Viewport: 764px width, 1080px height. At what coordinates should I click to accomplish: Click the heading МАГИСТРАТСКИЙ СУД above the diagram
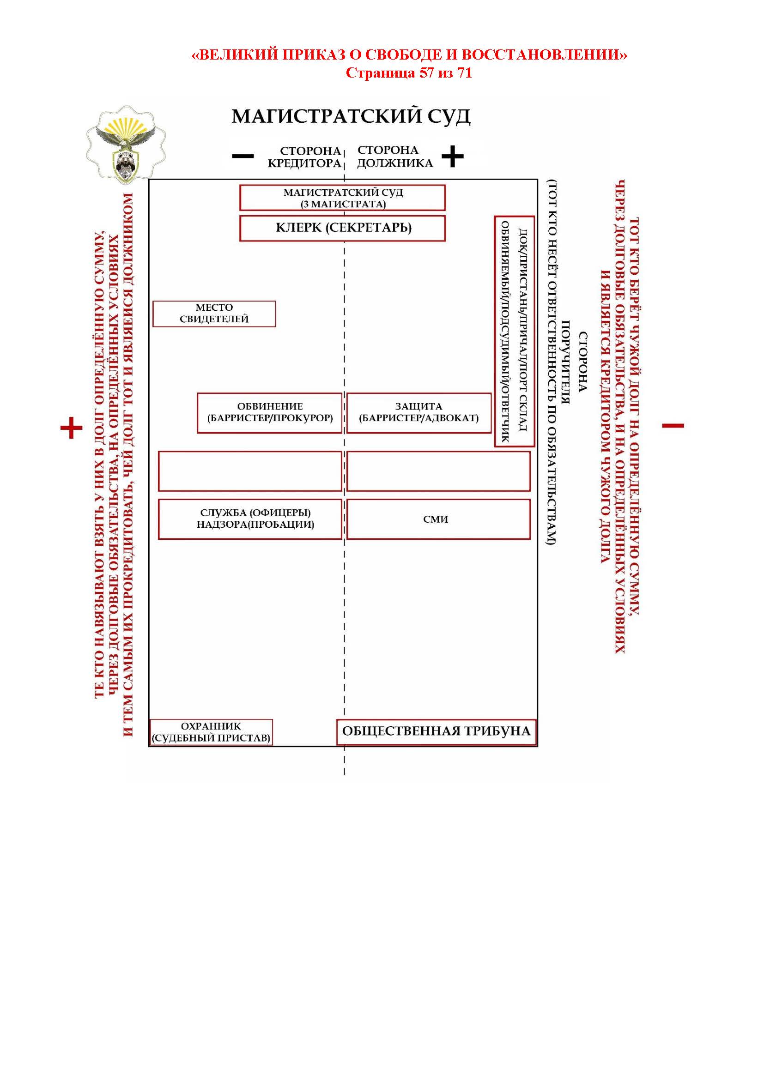click(x=351, y=116)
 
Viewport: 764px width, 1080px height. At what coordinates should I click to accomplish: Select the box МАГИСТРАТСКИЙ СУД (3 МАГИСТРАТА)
click(x=342, y=198)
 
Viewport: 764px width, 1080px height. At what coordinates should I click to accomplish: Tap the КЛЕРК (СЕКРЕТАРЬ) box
click(x=342, y=228)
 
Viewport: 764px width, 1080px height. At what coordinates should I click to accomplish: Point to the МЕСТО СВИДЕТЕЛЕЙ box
click(x=214, y=314)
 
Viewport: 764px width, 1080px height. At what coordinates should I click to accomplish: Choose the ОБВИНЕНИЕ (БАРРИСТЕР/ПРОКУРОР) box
click(x=270, y=412)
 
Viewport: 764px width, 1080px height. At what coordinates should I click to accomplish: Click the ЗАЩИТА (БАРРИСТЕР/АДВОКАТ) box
click(x=418, y=412)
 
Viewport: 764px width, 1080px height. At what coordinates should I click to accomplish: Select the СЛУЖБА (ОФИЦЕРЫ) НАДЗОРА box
click(x=250, y=519)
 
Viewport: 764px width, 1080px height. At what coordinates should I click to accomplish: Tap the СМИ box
click(x=438, y=519)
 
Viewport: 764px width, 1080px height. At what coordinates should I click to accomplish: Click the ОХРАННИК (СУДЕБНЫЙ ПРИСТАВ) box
click(x=211, y=732)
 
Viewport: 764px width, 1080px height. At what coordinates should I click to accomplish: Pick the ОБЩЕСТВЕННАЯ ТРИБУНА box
click(x=436, y=731)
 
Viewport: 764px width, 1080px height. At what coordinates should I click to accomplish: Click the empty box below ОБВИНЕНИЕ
click(x=250, y=471)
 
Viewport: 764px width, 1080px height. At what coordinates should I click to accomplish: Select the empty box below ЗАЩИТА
click(x=438, y=471)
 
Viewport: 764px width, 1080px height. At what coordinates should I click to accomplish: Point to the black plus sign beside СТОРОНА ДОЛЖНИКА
click(x=453, y=156)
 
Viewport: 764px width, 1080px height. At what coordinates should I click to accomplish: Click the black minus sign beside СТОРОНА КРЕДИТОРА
click(x=243, y=156)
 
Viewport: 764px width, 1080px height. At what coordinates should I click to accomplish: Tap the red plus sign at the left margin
click(x=72, y=428)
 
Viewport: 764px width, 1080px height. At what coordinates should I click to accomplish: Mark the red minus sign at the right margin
click(x=673, y=426)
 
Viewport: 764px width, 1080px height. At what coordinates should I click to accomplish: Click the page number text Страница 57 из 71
click(x=409, y=73)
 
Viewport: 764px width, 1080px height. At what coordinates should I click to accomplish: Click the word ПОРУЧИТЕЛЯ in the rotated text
click(x=566, y=362)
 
